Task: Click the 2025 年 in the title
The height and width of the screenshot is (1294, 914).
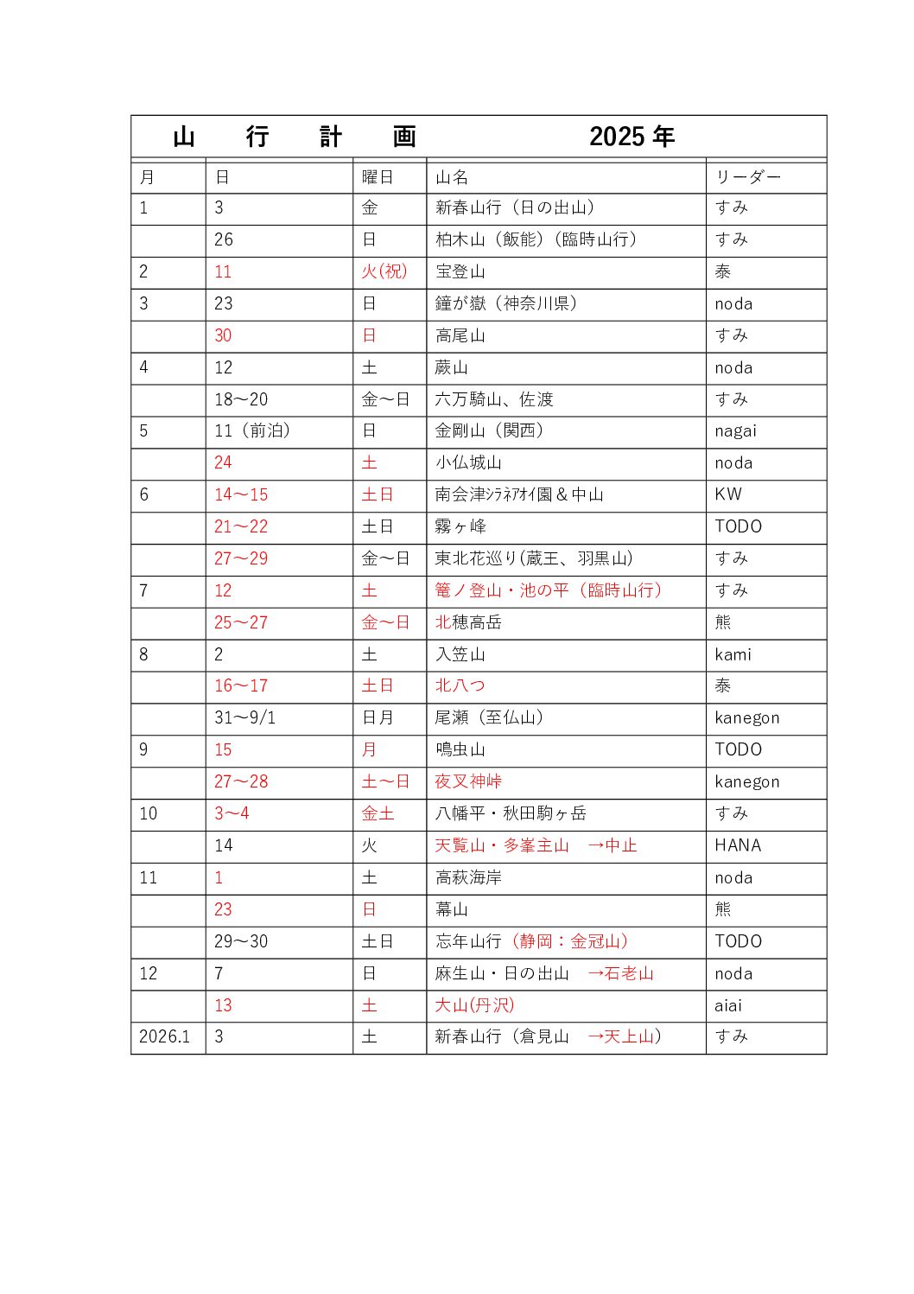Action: [x=632, y=137]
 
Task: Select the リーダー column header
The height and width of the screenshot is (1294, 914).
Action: [x=747, y=177]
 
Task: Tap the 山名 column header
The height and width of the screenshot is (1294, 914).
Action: [x=452, y=177]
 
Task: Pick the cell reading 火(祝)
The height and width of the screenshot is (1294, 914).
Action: [x=384, y=271]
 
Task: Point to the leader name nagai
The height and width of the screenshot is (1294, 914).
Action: [x=735, y=431]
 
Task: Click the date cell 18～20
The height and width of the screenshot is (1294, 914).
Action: [x=241, y=399]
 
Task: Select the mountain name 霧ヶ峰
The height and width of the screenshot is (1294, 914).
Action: [x=460, y=526]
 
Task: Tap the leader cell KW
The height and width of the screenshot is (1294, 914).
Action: [x=728, y=494]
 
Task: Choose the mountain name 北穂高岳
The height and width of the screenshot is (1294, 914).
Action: [x=468, y=622]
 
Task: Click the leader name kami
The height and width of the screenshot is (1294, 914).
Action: [x=733, y=654]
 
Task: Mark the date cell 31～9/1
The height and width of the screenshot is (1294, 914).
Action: [x=244, y=717]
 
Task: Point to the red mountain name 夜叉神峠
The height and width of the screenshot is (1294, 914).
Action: [x=468, y=781]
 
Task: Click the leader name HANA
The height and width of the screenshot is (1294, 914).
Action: [x=738, y=845]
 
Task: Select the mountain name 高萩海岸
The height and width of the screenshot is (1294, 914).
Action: [x=468, y=877]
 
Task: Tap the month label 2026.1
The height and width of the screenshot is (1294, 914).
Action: [x=164, y=1036]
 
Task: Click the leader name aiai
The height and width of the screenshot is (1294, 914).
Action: [x=728, y=1005]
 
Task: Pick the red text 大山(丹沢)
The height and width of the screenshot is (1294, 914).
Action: [x=474, y=1005]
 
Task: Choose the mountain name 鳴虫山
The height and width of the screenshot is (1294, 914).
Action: [x=460, y=749]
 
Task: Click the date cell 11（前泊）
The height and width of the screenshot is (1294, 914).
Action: [x=252, y=431]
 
